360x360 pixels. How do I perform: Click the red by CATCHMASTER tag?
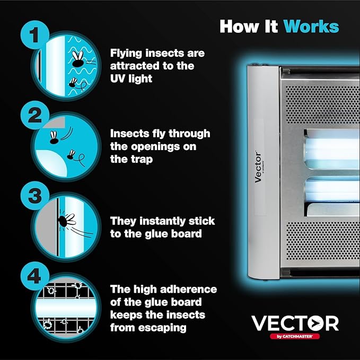click(295, 337)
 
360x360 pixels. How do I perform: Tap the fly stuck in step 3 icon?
click(69, 219)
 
